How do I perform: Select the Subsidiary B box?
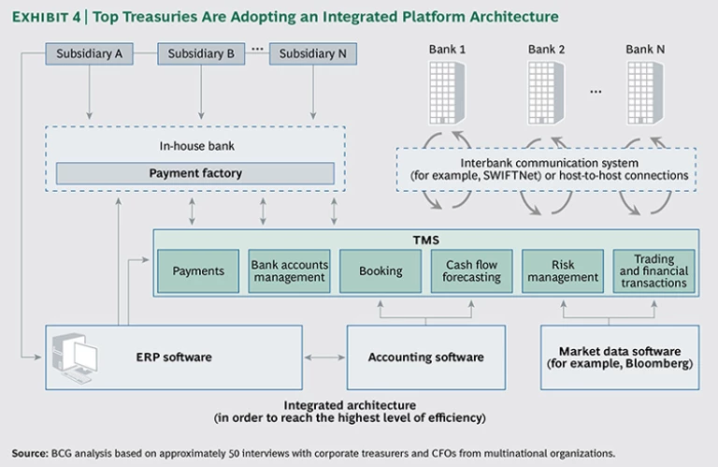tap(200, 54)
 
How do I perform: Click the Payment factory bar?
tap(195, 173)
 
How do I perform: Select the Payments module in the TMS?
tap(198, 271)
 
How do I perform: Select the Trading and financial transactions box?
tap(653, 271)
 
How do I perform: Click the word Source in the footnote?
tap(29, 450)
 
